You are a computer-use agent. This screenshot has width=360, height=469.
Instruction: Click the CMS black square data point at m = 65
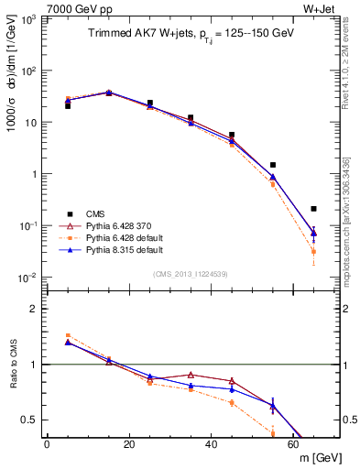(x=314, y=209)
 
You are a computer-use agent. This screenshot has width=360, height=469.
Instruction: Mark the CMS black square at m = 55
(x=273, y=165)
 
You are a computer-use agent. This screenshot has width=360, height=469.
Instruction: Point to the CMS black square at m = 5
(x=68, y=106)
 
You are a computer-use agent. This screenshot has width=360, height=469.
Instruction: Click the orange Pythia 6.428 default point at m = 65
(x=314, y=251)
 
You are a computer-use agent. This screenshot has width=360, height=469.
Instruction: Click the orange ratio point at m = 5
(x=68, y=335)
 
